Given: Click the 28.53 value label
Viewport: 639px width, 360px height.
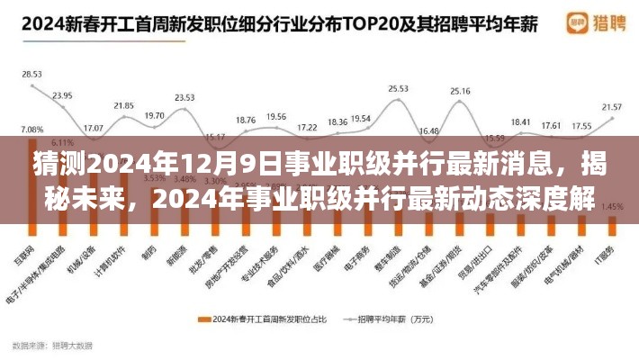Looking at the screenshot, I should (31, 74).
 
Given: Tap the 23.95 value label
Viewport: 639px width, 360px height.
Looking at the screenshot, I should (62, 94).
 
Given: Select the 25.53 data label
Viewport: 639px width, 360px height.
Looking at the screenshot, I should (398, 88).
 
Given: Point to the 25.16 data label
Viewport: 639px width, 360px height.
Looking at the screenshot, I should (460, 91).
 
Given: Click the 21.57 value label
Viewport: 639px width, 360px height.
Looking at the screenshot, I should (612, 106).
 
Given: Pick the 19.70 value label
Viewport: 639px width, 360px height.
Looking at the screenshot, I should (154, 115).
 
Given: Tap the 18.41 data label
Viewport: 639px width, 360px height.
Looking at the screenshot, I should (520, 121).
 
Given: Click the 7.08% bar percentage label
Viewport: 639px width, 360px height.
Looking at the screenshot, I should (31, 130).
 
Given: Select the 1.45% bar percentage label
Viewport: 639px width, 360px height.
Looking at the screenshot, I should (612, 207).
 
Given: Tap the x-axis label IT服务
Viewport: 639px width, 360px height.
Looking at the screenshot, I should (614, 249).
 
